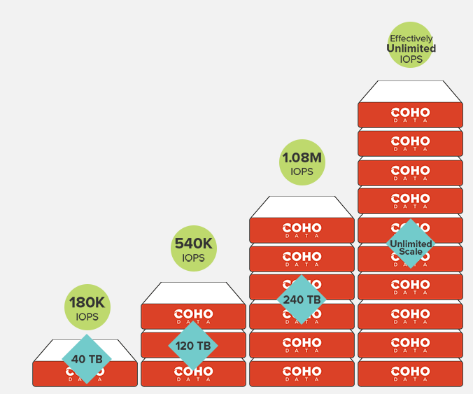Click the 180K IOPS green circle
[x=87, y=308]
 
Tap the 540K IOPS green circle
[x=193, y=248]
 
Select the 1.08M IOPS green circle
[x=302, y=162]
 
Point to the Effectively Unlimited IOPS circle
[x=411, y=46]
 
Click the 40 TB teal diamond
[x=86, y=358]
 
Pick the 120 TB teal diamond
[x=193, y=346]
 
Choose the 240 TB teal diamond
[x=302, y=300]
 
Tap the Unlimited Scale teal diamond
[x=411, y=244]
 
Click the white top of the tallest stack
[x=410, y=92]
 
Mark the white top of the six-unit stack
[x=302, y=207]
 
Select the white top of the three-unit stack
[x=193, y=293]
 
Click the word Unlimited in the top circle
[x=411, y=48]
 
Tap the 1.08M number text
[x=302, y=157]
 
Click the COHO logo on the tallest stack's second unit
[x=410, y=141]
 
